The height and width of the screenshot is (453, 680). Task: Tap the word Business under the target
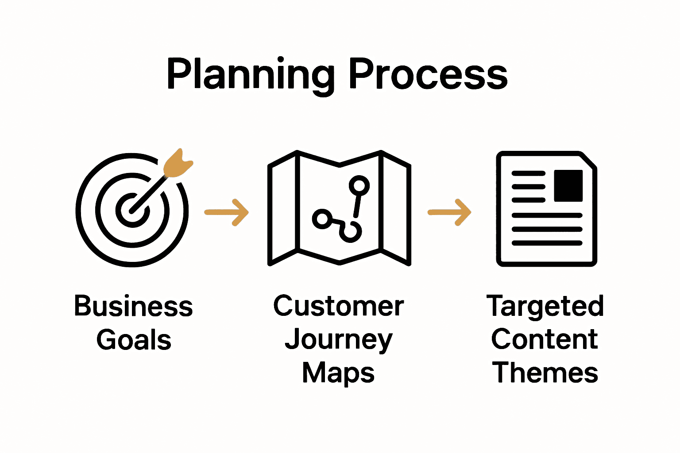click(x=133, y=306)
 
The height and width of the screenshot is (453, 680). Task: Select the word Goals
click(x=134, y=340)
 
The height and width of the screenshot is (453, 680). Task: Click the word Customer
click(x=339, y=306)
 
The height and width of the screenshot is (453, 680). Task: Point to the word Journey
click(x=339, y=340)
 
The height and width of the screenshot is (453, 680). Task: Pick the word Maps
click(x=339, y=372)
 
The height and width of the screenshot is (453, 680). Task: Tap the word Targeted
click(x=545, y=306)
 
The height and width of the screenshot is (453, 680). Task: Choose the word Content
click(x=545, y=340)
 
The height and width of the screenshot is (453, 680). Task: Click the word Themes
click(x=545, y=372)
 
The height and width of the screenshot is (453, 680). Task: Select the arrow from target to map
click(x=227, y=212)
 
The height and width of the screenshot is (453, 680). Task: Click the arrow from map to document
click(x=449, y=212)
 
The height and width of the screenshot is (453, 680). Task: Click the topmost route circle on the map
click(x=359, y=185)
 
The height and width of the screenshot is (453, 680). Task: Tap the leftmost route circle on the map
click(x=322, y=219)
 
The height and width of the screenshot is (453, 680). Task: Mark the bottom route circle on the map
click(x=351, y=231)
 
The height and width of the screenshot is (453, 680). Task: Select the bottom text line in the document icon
click(x=547, y=243)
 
